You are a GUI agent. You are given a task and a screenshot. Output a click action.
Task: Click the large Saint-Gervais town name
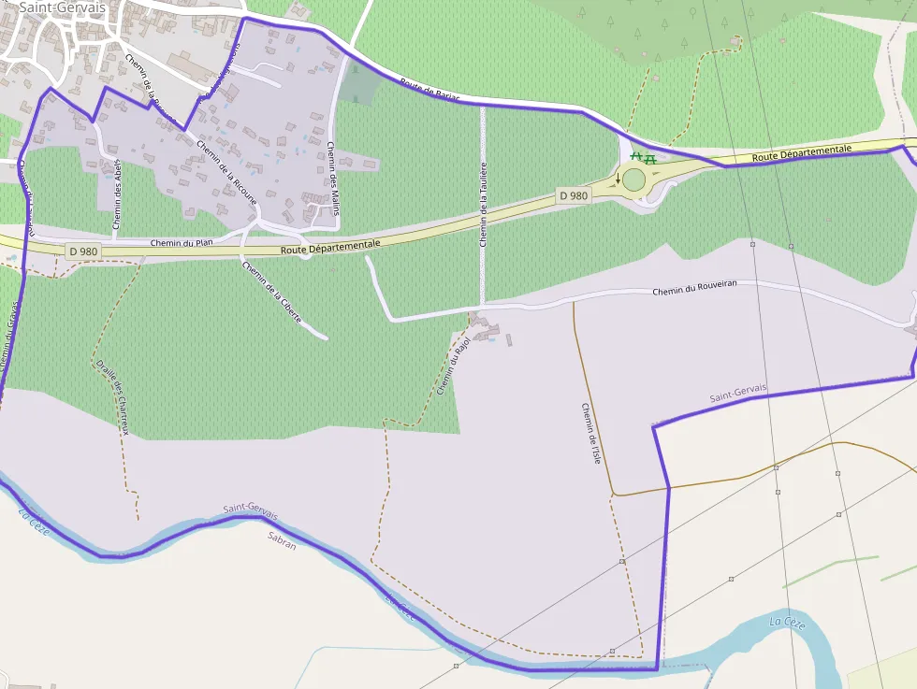[x=62, y=7]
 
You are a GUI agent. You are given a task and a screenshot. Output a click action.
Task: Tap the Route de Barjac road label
[x=431, y=91]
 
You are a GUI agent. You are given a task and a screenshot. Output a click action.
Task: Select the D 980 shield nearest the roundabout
[x=574, y=195]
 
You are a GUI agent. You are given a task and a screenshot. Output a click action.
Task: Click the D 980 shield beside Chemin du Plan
[x=83, y=251]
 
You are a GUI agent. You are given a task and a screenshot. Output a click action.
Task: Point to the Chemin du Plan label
[x=182, y=243]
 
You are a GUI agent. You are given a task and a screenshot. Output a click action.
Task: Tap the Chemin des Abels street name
[x=118, y=194]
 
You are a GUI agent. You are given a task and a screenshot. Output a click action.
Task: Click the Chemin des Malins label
[x=333, y=178]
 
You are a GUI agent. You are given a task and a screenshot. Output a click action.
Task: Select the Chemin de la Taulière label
[x=484, y=202]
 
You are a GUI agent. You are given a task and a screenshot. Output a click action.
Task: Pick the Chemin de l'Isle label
[x=590, y=433]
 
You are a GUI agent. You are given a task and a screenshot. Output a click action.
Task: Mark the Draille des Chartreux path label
[x=111, y=397]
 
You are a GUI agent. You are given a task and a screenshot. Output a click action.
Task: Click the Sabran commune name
[x=282, y=539]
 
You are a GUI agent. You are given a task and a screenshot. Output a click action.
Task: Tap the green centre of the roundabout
[x=634, y=179]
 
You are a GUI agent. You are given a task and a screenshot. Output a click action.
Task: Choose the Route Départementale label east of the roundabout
[x=802, y=152]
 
